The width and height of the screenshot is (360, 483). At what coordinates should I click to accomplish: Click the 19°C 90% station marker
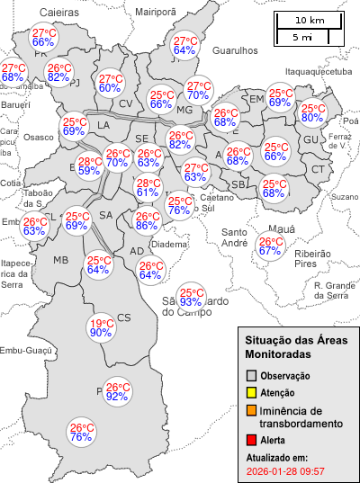tap(101, 328)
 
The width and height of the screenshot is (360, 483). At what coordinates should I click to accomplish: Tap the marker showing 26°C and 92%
tap(117, 392)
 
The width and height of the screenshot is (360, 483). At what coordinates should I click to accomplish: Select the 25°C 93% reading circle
tap(191, 297)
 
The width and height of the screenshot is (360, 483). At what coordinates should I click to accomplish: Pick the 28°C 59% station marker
tap(89, 165)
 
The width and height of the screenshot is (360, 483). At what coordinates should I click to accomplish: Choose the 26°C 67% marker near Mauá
tap(270, 246)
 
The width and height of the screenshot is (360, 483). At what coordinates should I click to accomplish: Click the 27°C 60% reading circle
tap(110, 84)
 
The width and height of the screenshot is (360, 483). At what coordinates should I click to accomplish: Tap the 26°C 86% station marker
tap(147, 221)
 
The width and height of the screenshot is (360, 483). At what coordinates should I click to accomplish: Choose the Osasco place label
tap(39, 138)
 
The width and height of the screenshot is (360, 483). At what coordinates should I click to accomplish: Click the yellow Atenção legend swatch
tap(252, 393)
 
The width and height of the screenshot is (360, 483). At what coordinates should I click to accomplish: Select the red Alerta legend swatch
tap(252, 440)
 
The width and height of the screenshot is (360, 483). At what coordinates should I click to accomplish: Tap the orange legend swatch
tap(252, 411)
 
